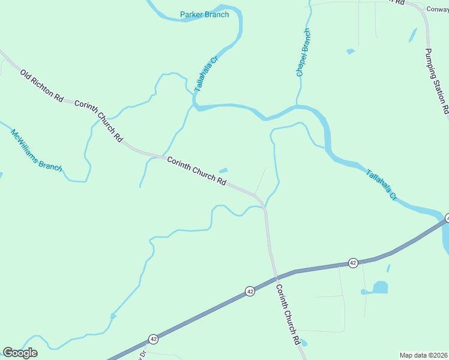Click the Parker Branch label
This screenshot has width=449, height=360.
[x=205, y=14]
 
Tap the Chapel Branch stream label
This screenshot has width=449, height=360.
[x=304, y=52]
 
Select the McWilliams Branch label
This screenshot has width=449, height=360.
[x=36, y=150]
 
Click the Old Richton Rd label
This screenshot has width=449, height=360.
[x=42, y=85]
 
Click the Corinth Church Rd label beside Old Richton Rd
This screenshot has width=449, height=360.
[x=98, y=121]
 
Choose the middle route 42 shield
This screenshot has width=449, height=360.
[x=250, y=291]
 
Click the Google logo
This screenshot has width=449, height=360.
[x=20, y=353]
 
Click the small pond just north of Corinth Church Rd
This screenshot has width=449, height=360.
[x=223, y=170]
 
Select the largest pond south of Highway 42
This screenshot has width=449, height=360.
[x=380, y=287]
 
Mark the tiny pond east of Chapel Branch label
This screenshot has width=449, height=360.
[x=351, y=52]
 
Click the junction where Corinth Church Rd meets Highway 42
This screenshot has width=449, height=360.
[x=276, y=277]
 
